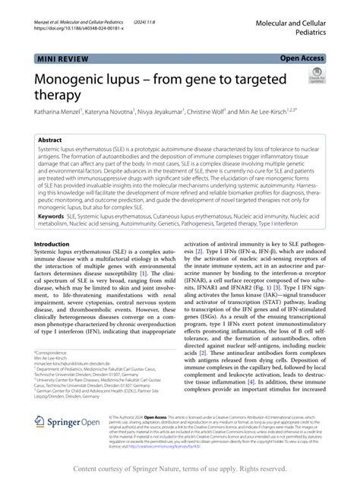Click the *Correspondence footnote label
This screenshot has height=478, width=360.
click(53, 353)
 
